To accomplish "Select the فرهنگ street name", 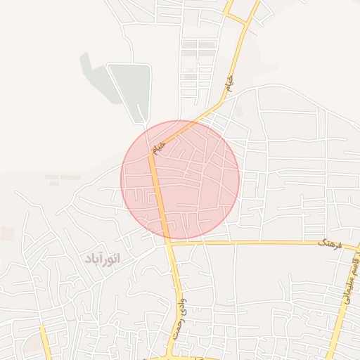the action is [329, 244].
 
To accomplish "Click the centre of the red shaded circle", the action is [181, 179].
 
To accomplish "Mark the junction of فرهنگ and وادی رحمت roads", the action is [169, 243].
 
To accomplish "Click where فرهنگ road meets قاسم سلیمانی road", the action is [355, 248].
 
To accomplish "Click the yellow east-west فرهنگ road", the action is [260, 243].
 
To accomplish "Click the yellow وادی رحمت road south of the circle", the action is [174, 288].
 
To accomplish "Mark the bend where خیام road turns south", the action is [150, 151].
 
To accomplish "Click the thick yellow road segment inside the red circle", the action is [159, 197].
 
